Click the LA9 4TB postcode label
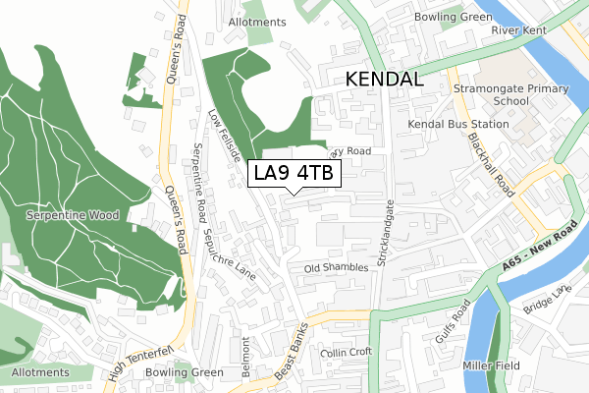(294, 174)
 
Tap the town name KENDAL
(383, 80)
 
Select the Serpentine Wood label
(73, 215)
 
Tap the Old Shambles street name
(336, 267)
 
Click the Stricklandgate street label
(391, 237)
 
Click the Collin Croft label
(347, 352)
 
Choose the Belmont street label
(248, 357)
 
